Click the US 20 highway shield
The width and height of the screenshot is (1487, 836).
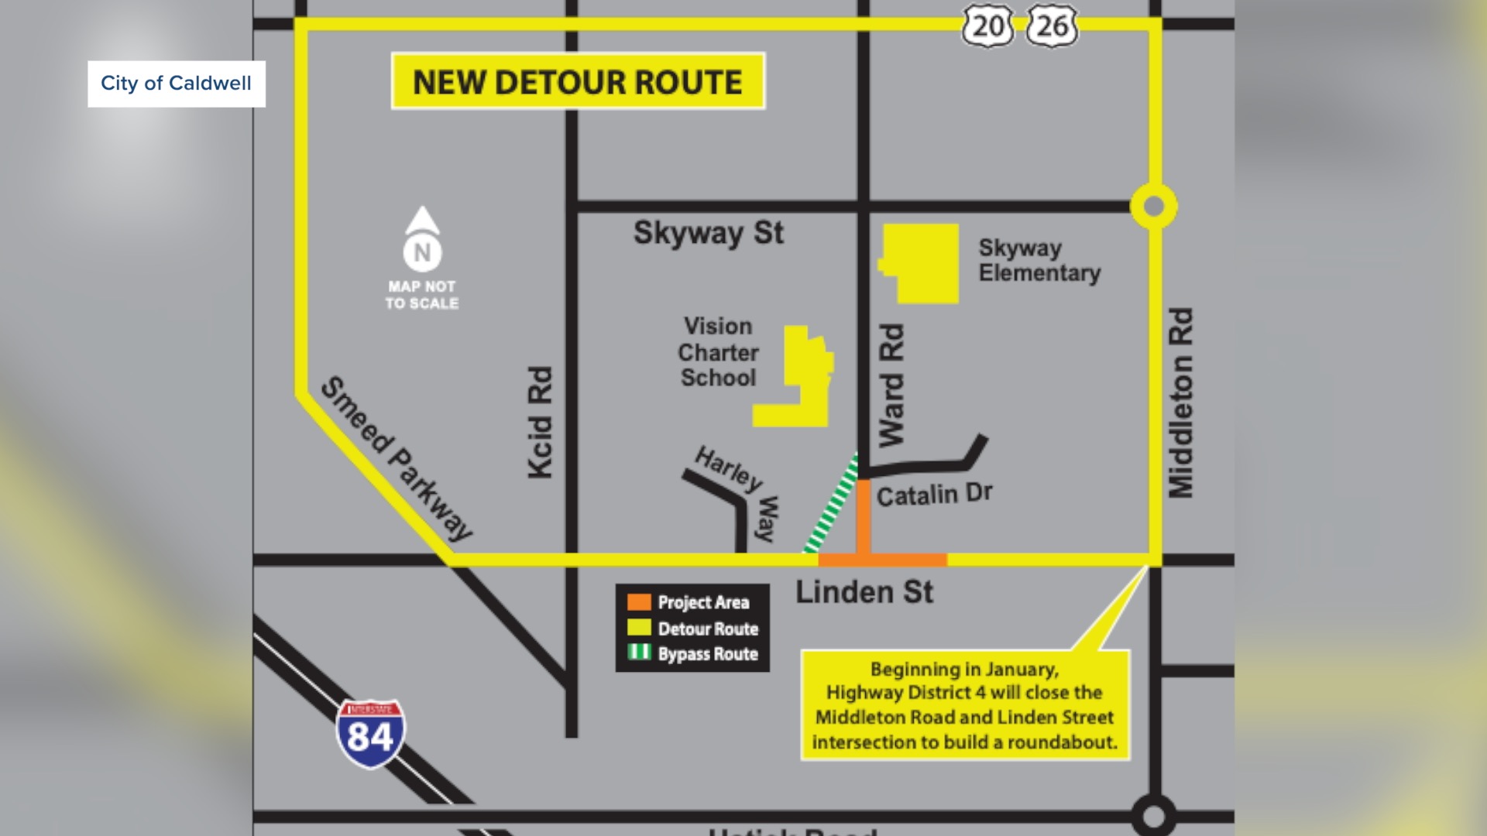click(987, 27)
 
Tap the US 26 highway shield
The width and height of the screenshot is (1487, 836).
click(1052, 27)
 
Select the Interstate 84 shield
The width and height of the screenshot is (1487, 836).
click(370, 734)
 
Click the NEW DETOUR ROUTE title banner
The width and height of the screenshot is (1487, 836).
click(578, 81)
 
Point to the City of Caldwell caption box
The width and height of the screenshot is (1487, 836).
click(177, 84)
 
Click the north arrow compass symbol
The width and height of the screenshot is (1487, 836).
click(422, 239)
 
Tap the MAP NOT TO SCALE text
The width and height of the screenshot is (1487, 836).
click(422, 295)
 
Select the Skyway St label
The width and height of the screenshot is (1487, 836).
click(708, 233)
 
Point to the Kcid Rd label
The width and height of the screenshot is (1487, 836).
click(540, 423)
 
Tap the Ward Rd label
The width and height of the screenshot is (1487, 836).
click(891, 385)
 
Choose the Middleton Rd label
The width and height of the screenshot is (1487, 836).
click(1181, 403)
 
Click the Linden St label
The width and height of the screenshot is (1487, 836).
click(864, 592)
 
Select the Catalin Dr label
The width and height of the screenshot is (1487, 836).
click(934, 495)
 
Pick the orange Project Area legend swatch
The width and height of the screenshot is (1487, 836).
click(639, 602)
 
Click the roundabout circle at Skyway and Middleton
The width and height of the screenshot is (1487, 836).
click(1153, 207)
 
